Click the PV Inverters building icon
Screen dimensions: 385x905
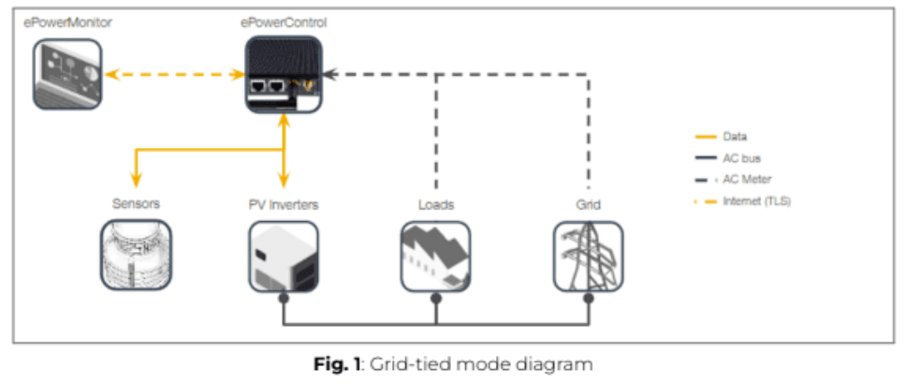pyautogui.click(x=284, y=255)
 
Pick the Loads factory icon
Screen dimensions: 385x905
pyautogui.click(x=435, y=255)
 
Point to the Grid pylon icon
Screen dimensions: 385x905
pyautogui.click(x=588, y=255)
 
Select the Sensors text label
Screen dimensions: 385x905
pyautogui.click(x=136, y=203)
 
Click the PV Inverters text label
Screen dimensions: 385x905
pyautogui.click(x=284, y=203)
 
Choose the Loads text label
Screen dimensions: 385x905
pyautogui.click(x=435, y=203)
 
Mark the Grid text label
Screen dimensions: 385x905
pyautogui.click(x=588, y=203)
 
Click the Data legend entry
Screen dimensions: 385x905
pyautogui.click(x=735, y=137)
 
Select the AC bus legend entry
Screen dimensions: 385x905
pyautogui.click(x=739, y=158)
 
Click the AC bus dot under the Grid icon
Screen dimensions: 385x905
pyautogui.click(x=589, y=299)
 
